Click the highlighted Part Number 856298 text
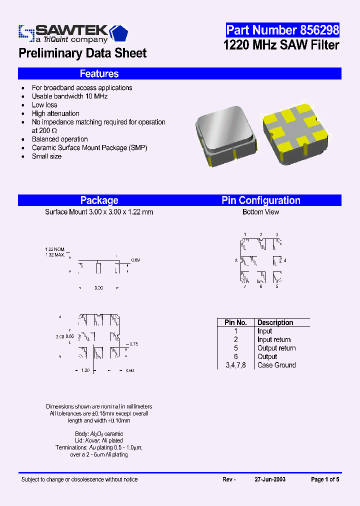click(x=282, y=30)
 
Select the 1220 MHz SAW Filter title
click(x=281, y=45)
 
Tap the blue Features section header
click(x=99, y=74)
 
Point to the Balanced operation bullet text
click(x=60, y=139)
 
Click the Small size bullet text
click(x=47, y=156)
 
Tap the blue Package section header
click(x=99, y=200)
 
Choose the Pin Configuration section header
click(x=261, y=200)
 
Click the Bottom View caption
click(x=261, y=212)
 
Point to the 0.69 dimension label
click(x=135, y=260)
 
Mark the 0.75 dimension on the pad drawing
click(x=133, y=344)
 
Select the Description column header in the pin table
click(x=275, y=322)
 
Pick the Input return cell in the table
click(x=274, y=339)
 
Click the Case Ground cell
click(x=276, y=365)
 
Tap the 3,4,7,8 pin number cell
click(x=235, y=365)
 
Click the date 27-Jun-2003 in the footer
click(x=270, y=479)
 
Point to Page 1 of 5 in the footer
click(x=325, y=479)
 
